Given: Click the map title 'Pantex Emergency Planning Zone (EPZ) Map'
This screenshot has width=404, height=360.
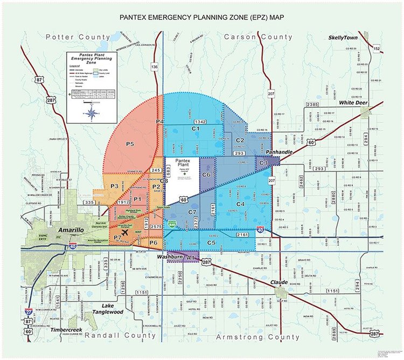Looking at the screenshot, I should click(x=202, y=17).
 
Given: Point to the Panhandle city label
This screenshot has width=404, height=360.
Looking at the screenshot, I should click(x=278, y=153).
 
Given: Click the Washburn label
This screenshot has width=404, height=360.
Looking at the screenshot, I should click(x=170, y=257).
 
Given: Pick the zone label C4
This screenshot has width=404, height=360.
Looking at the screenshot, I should click(x=240, y=204).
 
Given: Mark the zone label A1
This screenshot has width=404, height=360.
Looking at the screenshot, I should click(x=191, y=259).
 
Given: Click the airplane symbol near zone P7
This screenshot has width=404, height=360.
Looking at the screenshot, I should click(x=126, y=233).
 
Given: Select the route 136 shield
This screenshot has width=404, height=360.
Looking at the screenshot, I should click(x=155, y=66).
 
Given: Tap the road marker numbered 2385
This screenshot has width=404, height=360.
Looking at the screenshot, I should click(x=312, y=104).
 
